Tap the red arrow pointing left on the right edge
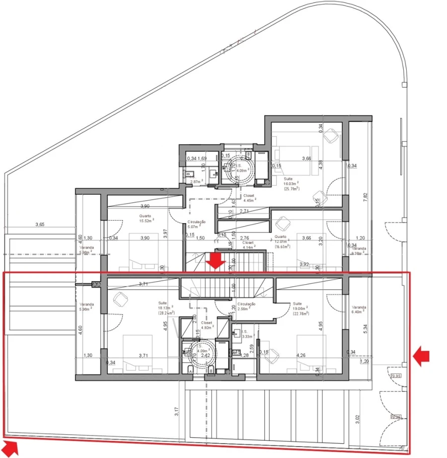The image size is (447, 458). click(x=421, y=356)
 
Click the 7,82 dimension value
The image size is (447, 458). click(x=366, y=196)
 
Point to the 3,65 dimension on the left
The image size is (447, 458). click(x=40, y=225)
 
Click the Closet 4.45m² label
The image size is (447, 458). click(x=249, y=198)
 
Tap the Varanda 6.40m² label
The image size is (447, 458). click(x=358, y=309)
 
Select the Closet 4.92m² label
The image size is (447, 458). click(x=207, y=325)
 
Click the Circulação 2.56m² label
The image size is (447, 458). click(x=246, y=306)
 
